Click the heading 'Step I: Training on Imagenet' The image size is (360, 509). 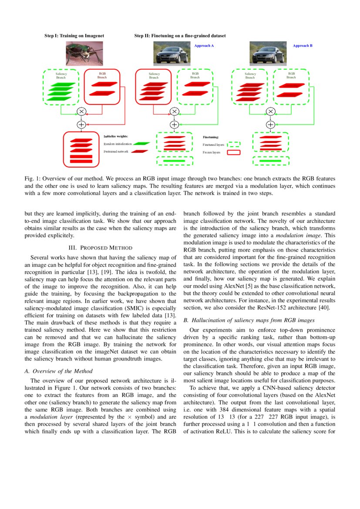coord(74,36)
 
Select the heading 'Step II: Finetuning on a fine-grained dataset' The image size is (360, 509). coord(180,36)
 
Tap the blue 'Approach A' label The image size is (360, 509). coord(204,46)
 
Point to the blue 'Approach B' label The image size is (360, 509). coord(303,46)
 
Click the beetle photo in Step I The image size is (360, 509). coord(84,53)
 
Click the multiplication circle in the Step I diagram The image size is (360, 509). coord(81,111)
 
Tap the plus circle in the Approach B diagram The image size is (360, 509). coord(270,125)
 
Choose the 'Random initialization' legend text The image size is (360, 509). coord(118,144)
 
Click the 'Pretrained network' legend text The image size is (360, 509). coord(116,152)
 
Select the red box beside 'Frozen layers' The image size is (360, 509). coord(234,153)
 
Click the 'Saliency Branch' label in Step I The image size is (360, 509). coord(61,76)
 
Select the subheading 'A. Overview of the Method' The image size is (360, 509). coord(63,371)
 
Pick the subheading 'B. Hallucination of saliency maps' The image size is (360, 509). coord(249,320)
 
